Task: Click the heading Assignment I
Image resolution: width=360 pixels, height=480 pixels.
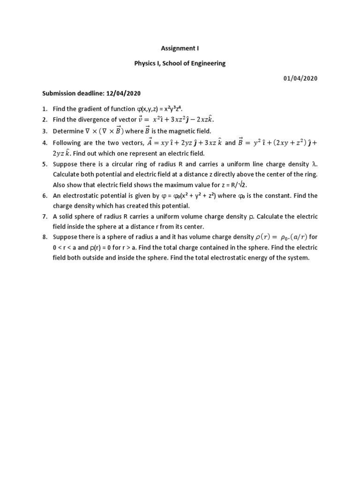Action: coord(180,48)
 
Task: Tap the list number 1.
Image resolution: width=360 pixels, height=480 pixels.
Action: coord(44,109)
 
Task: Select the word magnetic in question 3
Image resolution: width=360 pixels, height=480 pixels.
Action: coord(187,131)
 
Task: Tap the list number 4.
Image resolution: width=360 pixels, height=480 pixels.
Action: coord(44,142)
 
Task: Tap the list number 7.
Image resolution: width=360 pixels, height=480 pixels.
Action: coord(44,216)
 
